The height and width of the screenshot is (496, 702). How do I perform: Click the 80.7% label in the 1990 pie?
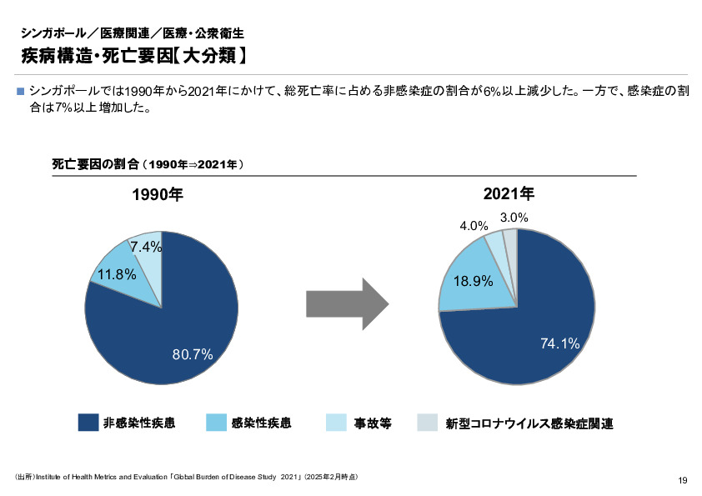[x=193, y=354]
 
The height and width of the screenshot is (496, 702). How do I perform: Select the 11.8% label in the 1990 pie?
[x=117, y=273]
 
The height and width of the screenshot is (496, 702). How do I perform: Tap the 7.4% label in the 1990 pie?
[x=145, y=246]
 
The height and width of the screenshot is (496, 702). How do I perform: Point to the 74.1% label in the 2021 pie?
[x=559, y=343]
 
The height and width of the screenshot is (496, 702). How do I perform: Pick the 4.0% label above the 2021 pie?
[x=474, y=225]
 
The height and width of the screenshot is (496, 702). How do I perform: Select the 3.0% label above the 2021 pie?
[x=514, y=217]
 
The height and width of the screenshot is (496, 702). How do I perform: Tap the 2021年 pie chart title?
[x=509, y=194]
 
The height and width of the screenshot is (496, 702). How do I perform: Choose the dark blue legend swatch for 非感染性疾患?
[x=88, y=423]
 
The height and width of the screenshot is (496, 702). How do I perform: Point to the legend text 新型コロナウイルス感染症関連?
[x=529, y=423]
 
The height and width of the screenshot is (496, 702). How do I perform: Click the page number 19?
[x=683, y=479]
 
